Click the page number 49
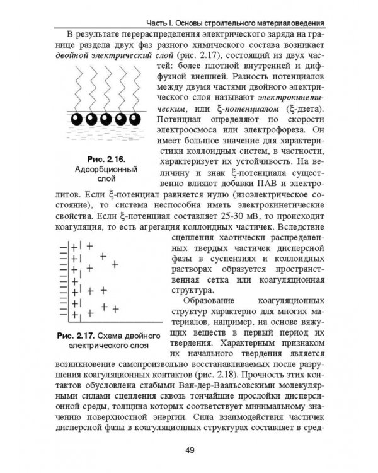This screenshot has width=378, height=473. pyautogui.click(x=188, y=448)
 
